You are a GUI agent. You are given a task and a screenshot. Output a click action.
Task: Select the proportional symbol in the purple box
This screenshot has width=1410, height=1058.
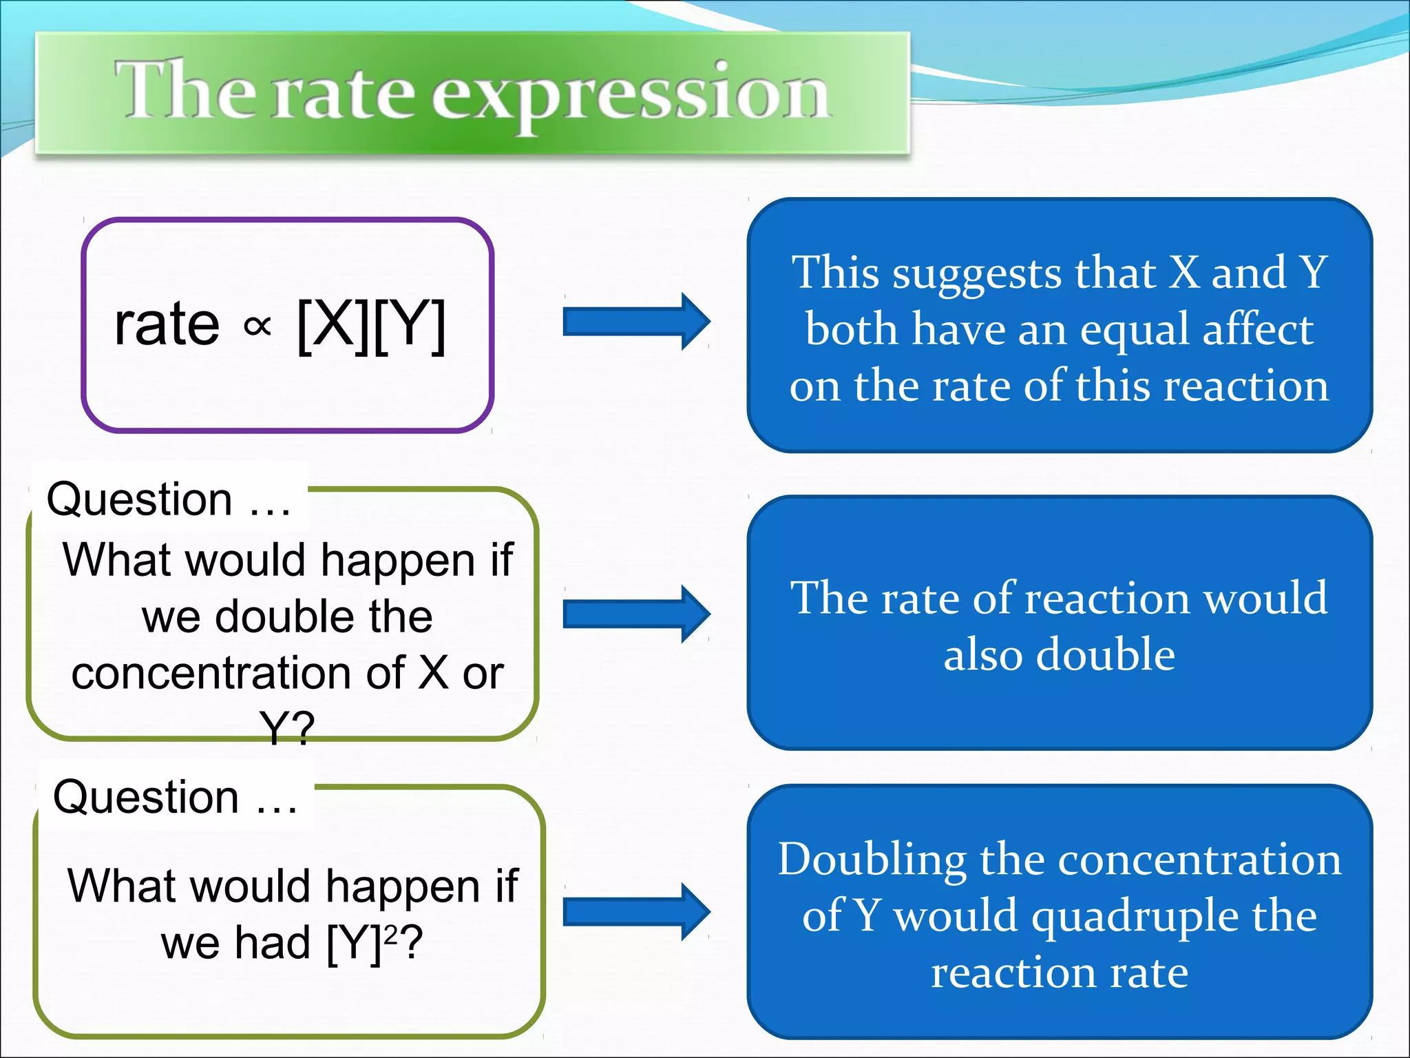257,326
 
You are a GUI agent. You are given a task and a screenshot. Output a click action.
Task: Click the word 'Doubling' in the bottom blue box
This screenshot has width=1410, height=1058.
872,861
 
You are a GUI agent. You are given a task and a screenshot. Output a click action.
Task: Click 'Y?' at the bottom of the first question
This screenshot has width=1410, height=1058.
287,727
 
